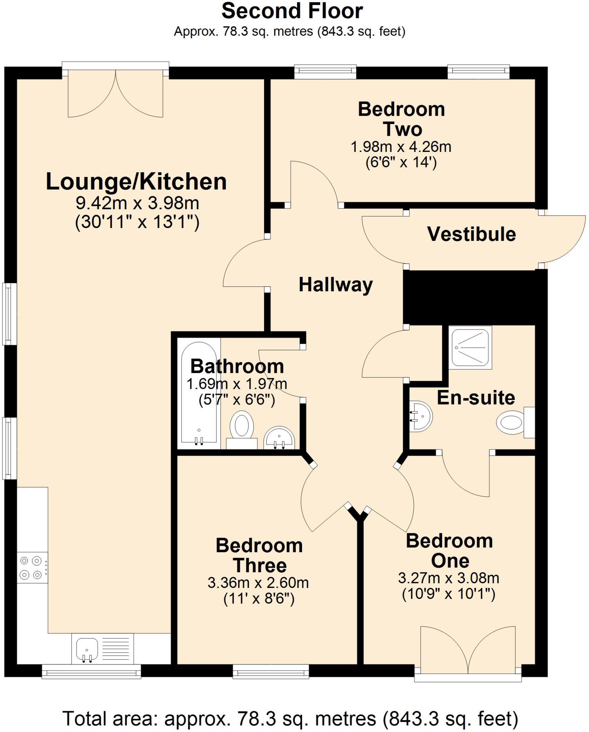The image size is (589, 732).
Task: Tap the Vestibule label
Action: tap(471, 234)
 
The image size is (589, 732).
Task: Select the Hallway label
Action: tap(335, 285)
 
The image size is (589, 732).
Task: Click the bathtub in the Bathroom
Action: tap(199, 393)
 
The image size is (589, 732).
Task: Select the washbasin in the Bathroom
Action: tap(279, 438)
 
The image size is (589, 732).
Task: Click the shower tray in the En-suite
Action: tap(470, 347)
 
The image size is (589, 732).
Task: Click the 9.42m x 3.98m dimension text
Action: tap(137, 203)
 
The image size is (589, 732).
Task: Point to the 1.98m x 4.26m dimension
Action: tap(401, 147)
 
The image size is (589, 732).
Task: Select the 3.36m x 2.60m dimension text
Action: tap(258, 583)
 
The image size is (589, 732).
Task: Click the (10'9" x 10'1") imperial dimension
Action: tap(449, 594)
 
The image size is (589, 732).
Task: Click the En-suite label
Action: tap(476, 397)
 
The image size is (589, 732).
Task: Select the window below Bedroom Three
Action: tap(271, 671)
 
